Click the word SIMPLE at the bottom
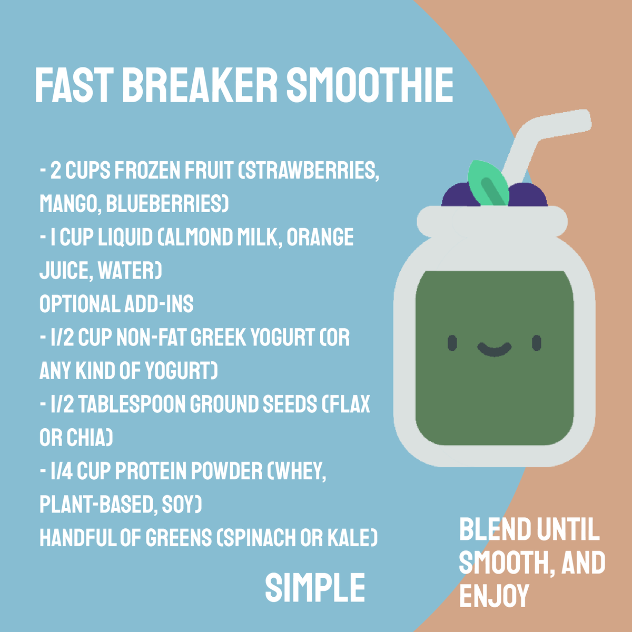tap(315, 588)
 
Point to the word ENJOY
tap(494, 596)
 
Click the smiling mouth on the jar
tap(494, 349)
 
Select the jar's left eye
tap(452, 343)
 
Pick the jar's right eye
tap(536, 343)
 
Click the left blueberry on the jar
tap(456, 196)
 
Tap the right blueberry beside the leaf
tap(527, 196)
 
